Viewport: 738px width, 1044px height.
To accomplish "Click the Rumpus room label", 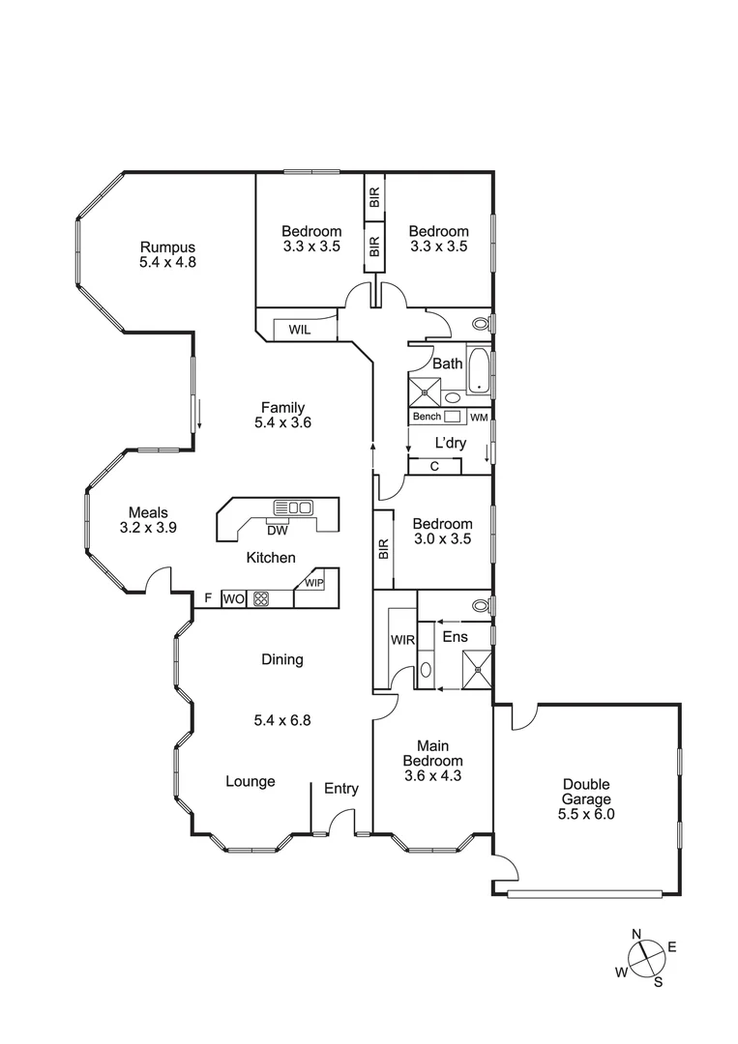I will pos(167,246).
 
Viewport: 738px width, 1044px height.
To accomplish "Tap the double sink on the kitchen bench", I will pos(292,507).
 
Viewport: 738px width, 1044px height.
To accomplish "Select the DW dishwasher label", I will pos(277,530).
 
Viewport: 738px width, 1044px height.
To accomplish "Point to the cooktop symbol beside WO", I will pos(260,598).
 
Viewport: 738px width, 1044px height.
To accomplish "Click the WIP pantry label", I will pos(314,584).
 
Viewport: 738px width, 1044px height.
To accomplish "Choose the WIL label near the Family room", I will pos(299,330).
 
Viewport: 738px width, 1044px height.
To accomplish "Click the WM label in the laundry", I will pos(479,417).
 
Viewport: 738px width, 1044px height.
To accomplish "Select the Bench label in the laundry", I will pos(427,417).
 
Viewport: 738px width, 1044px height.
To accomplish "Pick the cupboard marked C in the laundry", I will pos(434,467).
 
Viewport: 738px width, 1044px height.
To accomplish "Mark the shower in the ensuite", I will pos(477,668).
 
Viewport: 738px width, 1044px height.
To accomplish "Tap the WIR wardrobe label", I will pos(401,640).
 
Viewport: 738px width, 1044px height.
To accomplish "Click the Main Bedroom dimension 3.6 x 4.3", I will pos(432,774).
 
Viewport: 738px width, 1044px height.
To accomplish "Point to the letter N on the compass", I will pos(636,934).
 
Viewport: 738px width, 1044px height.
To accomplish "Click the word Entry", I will pos(340,789).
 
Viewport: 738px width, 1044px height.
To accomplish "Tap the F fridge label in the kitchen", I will pos(207,598).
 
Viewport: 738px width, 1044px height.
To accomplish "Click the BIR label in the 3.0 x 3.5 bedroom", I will pos(383,550).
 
